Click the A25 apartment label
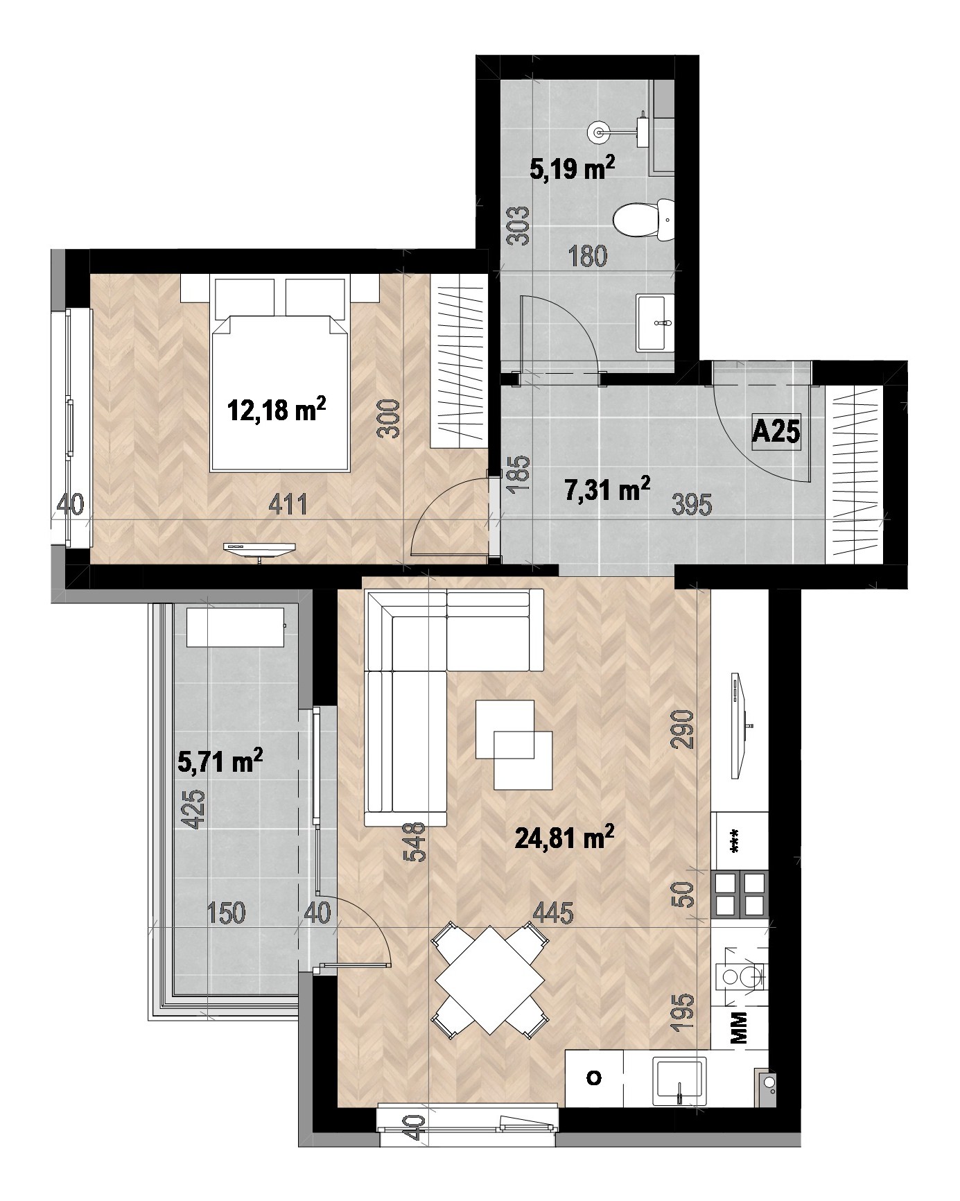(776, 433)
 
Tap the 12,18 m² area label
(277, 411)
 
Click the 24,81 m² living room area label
(565, 839)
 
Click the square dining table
(490, 980)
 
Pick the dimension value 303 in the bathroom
(522, 227)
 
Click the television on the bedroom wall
(259, 548)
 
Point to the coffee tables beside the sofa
(514, 744)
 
